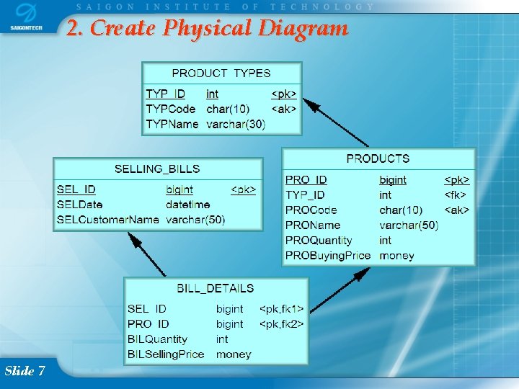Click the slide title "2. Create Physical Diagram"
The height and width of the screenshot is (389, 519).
(x=208, y=29)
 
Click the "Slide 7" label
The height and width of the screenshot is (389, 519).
(x=25, y=370)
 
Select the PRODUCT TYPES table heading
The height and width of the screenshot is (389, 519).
(x=221, y=73)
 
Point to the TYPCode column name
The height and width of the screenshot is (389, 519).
(x=171, y=109)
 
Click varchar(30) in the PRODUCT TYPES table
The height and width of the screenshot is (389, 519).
(x=236, y=124)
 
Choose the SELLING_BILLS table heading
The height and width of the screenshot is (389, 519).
(x=157, y=169)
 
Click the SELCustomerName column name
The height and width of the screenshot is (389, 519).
(x=108, y=219)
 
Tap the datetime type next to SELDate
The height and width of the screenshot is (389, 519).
(x=187, y=205)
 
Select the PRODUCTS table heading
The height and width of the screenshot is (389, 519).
(x=378, y=158)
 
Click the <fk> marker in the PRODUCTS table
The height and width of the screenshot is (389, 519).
(x=456, y=195)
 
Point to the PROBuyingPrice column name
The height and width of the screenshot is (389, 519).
(x=328, y=255)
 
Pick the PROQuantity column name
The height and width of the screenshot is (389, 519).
(x=319, y=240)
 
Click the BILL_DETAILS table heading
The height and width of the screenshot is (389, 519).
(x=216, y=288)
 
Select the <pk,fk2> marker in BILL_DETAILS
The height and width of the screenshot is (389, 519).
(x=281, y=324)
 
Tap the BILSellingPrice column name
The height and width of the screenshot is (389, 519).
(x=166, y=354)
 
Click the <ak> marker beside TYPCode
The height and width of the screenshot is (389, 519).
(x=284, y=109)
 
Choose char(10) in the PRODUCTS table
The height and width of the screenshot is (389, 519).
(x=401, y=210)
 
